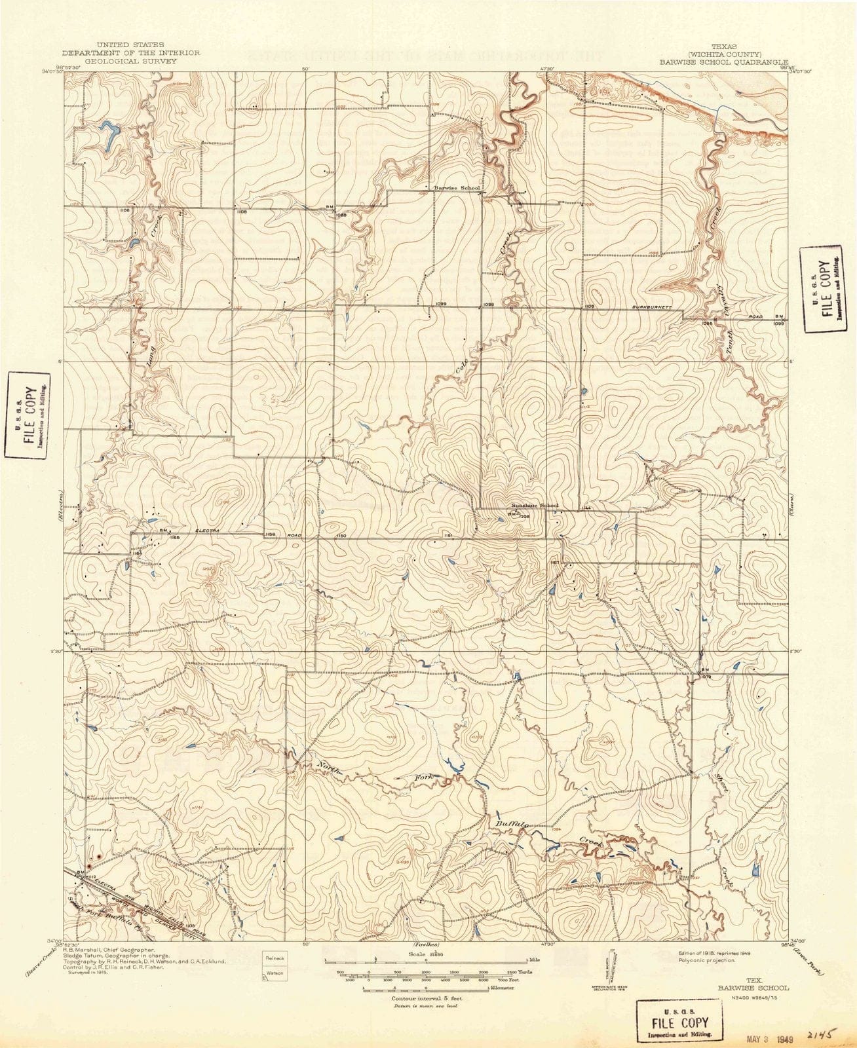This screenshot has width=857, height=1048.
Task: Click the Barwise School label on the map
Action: pyautogui.click(x=461, y=188)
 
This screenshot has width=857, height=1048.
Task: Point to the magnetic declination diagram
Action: pyautogui.click(x=612, y=963)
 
